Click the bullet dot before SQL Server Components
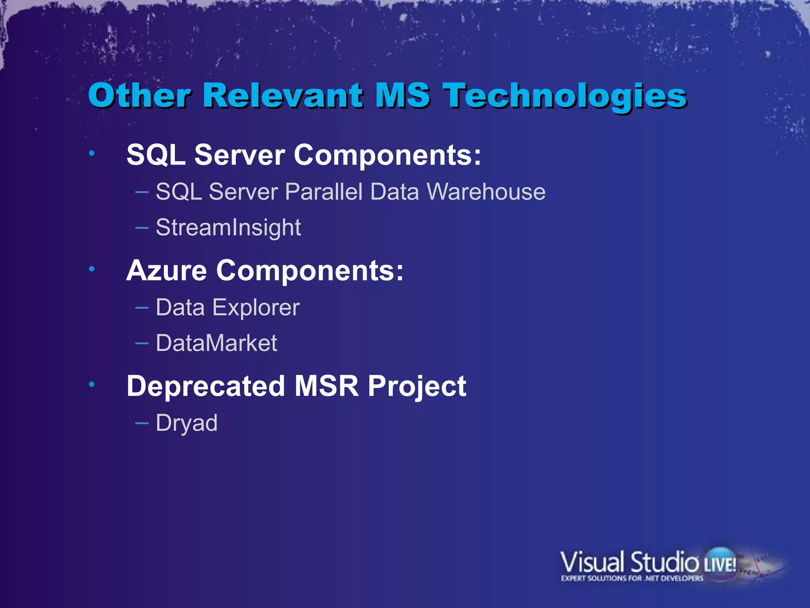92,153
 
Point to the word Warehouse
486,192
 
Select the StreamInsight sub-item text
228,228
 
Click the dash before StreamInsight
142,228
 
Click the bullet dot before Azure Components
92,269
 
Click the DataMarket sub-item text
216,343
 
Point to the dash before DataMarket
142,343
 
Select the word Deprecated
206,386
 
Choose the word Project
417,386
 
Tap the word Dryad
187,423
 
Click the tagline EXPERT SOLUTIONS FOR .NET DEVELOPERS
632,578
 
